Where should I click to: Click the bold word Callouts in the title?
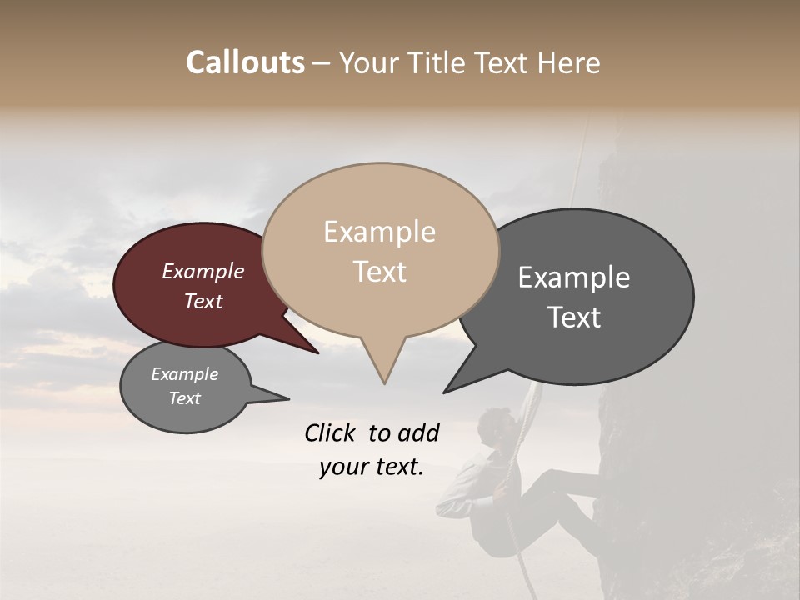(245, 62)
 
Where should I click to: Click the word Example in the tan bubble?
(379, 232)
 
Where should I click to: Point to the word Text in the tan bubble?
(379, 272)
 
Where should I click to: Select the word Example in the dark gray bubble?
(574, 277)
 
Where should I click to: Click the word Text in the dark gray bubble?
(574, 317)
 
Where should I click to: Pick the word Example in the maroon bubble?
(202, 271)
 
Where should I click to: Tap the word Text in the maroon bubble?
(202, 301)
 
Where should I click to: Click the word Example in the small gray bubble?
(184, 374)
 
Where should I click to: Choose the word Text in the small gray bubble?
(184, 398)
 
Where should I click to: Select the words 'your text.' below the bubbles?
(372, 467)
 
